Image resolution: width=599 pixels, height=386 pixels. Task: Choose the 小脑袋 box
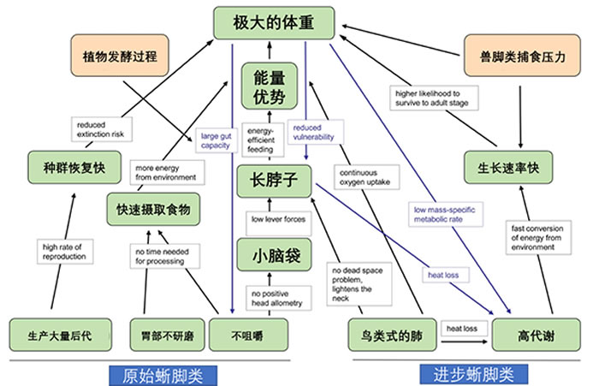(x=269, y=254)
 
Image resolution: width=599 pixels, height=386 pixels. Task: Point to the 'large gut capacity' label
(x=216, y=140)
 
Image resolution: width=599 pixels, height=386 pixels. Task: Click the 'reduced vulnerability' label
(x=312, y=131)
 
